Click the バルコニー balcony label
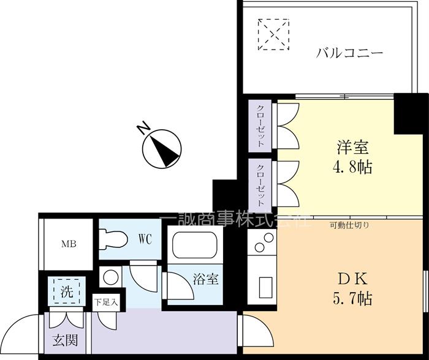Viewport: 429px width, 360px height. [349, 53]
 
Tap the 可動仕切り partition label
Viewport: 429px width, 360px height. [349, 225]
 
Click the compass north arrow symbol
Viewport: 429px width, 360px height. [162, 149]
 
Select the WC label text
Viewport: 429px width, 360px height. [145, 238]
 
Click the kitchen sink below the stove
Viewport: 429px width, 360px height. [265, 286]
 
